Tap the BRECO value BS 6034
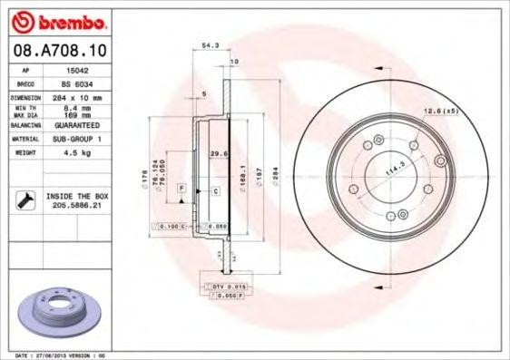[x=85, y=83]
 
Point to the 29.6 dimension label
[x=219, y=153]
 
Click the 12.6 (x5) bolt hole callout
[x=437, y=111]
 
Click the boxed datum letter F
[x=182, y=187]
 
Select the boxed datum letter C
[x=216, y=191]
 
